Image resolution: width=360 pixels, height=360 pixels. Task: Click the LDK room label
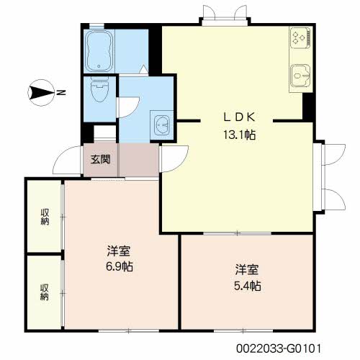pos(239,117)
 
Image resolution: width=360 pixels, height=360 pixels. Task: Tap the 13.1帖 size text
pos(239,135)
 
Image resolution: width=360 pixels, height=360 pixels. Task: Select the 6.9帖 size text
pos(120,266)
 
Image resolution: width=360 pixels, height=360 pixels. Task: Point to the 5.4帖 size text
pos(248,286)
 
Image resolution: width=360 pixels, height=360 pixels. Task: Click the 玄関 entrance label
pos(100,159)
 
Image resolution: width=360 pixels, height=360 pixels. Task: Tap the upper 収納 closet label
pos(45,217)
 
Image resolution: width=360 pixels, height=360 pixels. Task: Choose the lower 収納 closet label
pos(45,292)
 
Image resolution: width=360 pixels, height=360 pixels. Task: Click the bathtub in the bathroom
pos(99,51)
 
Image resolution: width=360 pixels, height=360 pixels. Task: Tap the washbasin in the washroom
pos(162,125)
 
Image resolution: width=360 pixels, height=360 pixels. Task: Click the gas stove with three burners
pos(300,37)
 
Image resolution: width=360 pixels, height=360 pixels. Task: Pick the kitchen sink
pos(300,76)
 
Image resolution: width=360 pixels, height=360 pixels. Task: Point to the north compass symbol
pos(41,93)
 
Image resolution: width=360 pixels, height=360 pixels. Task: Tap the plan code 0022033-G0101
pos(279,348)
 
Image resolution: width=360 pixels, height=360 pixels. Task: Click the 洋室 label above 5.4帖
pos(247,269)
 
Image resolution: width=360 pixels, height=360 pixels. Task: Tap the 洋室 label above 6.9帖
pos(119,251)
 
